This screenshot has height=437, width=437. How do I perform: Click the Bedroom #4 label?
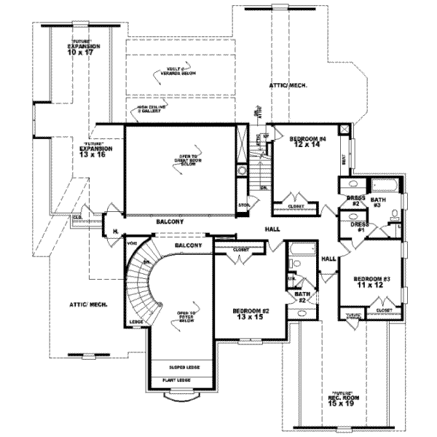coord(306,138)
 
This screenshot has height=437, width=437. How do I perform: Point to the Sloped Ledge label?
coord(178,369)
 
